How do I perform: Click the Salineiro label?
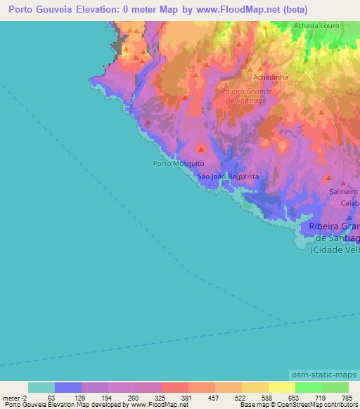tap(344, 191)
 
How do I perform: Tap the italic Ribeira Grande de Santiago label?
tap(246, 96)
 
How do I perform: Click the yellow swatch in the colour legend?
tap(281, 387)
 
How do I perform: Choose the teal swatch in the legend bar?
tap(41, 387)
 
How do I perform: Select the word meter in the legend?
tap(11, 398)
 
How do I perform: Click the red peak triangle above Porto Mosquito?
tap(201, 148)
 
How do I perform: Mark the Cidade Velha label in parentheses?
tap(335, 249)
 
